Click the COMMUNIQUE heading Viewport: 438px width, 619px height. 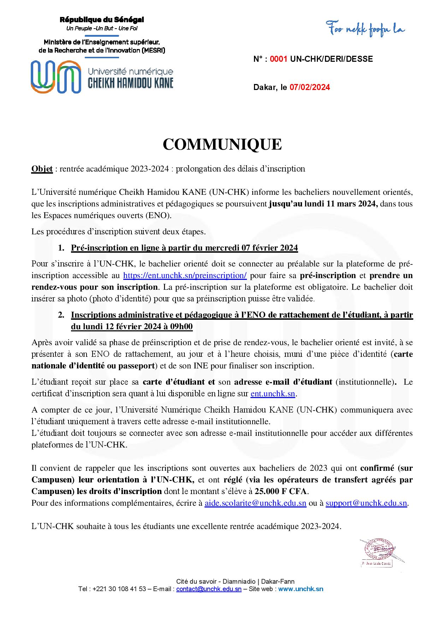click(222, 145)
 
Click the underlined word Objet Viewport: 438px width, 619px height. click(42, 169)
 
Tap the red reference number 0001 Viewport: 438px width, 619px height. click(279, 59)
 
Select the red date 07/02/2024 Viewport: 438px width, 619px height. click(310, 88)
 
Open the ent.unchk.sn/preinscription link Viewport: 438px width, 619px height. click(185, 276)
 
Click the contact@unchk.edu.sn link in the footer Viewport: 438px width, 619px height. click(209, 589)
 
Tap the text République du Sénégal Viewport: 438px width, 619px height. click(102, 20)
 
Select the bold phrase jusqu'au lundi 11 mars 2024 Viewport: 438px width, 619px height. click(323, 204)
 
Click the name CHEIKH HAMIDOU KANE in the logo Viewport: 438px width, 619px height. click(130, 83)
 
